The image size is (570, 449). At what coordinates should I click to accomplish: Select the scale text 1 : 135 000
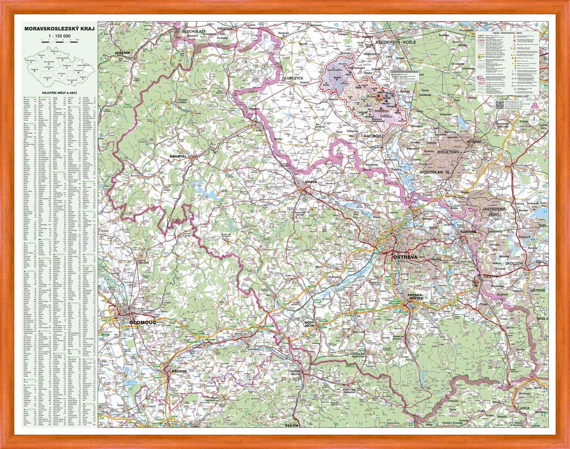(x=59, y=36)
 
